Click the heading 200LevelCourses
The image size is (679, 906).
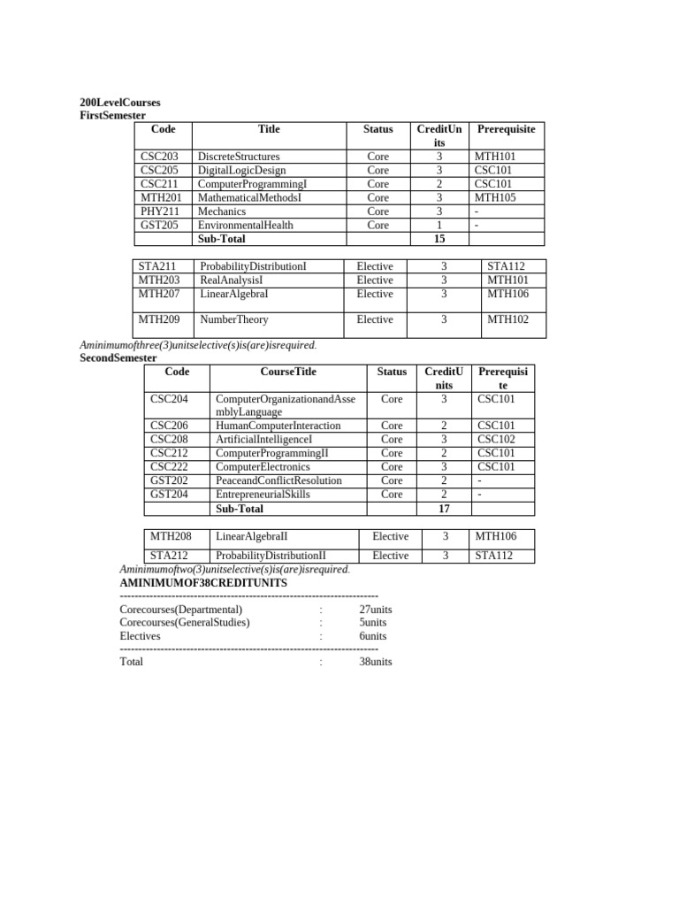pos(119,103)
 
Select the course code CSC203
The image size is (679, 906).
pos(159,157)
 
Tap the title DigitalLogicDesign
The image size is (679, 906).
pos(241,171)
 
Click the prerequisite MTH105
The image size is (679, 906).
pos(493,198)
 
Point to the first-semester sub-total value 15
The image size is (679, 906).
pos(439,239)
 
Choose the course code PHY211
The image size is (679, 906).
pos(159,212)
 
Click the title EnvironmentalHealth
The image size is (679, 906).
pos(245,226)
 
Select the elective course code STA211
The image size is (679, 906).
pos(156,266)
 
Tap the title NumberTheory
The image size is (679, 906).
pos(234,320)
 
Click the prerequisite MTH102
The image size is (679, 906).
pos(507,320)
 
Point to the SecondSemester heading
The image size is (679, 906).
pos(118,357)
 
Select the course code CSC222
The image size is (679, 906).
pos(169,467)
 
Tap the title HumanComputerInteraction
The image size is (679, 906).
pos(278,426)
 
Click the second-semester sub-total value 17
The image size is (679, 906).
pos(445,509)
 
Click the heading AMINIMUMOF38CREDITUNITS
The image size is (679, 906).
pos(203,584)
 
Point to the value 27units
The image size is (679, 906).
pos(376,610)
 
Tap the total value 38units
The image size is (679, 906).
pos(376,662)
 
